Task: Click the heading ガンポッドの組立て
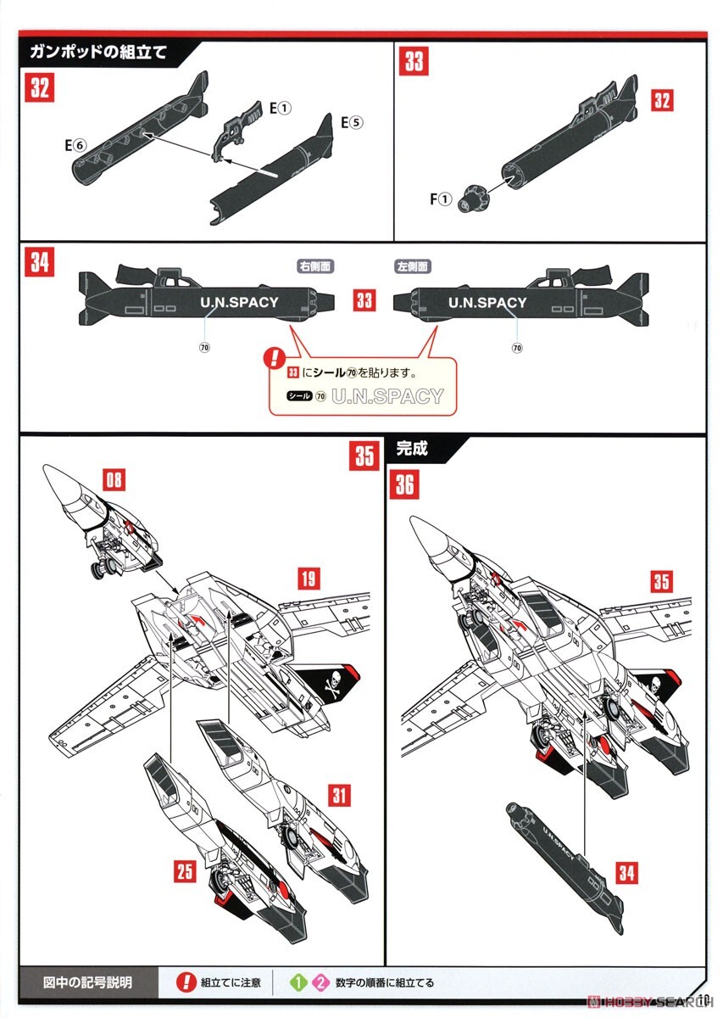point(97,51)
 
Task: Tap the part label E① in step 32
point(280,109)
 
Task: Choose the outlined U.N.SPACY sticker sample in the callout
point(387,396)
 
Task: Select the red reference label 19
point(309,579)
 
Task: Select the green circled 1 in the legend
point(297,983)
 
